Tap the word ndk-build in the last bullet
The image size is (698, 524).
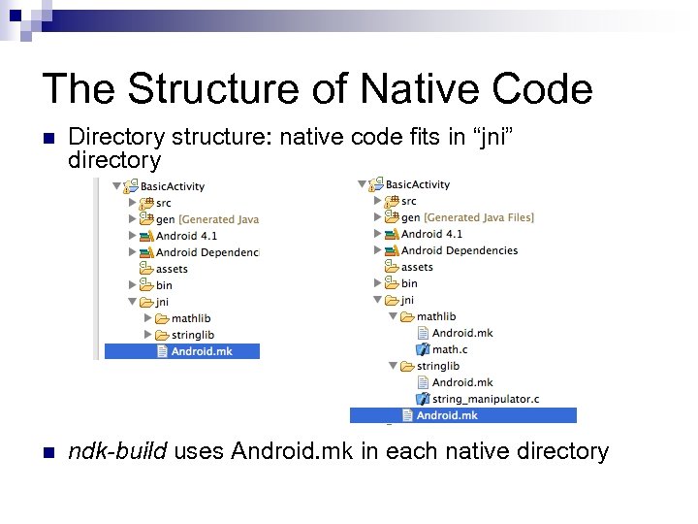[117, 451]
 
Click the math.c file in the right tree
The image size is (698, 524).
[449, 349]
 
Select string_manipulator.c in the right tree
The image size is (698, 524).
[485, 399]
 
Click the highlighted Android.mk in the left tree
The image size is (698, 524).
[201, 351]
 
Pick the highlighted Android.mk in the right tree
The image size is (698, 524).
[446, 415]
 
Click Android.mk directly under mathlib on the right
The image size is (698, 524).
[461, 333]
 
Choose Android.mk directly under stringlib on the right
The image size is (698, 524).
[461, 382]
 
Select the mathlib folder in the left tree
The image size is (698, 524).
[190, 318]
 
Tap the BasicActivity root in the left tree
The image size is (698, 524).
[172, 186]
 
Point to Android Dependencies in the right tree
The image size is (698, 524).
[459, 250]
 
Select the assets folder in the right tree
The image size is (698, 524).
[417, 267]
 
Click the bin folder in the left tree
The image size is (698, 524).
[164, 285]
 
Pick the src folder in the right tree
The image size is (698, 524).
[408, 201]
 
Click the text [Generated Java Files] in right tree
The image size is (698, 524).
[479, 217]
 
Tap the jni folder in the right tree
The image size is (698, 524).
[407, 300]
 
